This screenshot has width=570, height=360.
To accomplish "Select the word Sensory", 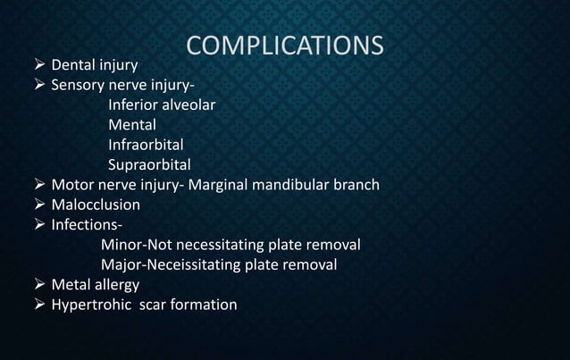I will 80,86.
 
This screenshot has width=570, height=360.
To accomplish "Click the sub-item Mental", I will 132,125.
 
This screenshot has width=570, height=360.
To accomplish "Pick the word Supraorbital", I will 149,164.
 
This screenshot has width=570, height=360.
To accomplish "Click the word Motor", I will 72,185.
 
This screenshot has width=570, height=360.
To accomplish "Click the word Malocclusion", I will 96,205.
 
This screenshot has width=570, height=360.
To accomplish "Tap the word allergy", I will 116,285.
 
